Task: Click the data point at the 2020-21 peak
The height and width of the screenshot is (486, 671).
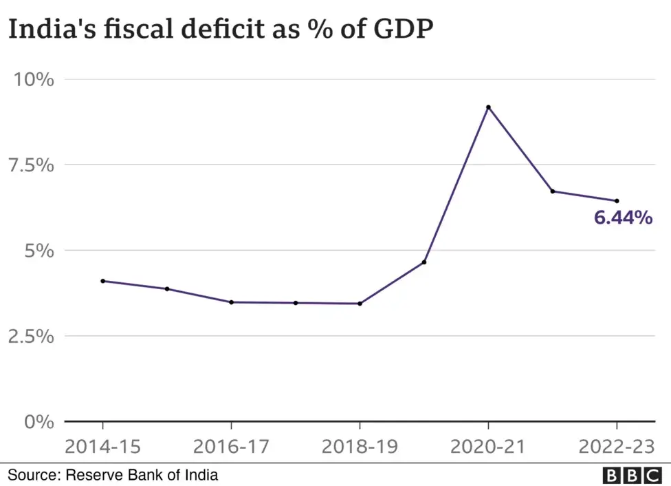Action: pos(488,107)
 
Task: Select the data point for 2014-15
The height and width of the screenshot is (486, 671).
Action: pos(103,281)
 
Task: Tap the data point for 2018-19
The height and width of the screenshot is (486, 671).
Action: pos(360,304)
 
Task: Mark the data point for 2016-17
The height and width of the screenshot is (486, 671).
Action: pos(231,302)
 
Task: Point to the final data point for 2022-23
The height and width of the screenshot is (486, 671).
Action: pos(617,201)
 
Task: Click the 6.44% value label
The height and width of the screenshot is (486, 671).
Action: pos(623,219)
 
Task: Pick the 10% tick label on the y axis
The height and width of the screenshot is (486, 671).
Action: pos(34,80)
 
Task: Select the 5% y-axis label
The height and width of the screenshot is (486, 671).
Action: pos(38,251)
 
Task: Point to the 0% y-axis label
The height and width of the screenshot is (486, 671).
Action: pos(38,421)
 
